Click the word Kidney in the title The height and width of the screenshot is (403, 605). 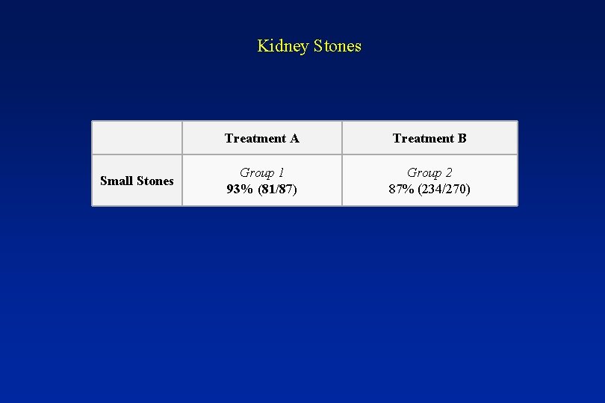coord(283,46)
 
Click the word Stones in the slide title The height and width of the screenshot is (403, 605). coord(338,46)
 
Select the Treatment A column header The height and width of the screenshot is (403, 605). coord(261,138)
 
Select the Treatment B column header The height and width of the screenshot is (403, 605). coord(429,138)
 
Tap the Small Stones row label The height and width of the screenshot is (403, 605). coord(137,181)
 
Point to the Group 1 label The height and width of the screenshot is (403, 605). coord(261,173)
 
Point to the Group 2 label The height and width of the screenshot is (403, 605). coord(429,173)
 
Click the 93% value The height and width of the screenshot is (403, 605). coord(240,189)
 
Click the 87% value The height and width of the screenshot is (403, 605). coord(402,189)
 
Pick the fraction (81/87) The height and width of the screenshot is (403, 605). coord(277,189)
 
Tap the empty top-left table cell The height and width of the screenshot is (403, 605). coord(137,138)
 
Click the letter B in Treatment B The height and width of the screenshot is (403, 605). coord(462,138)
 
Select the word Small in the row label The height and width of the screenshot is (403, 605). coord(117,181)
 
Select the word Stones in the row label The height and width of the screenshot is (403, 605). coord(155,181)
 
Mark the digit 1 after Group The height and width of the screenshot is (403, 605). coord(281,173)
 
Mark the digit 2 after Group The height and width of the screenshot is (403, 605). coord(449,173)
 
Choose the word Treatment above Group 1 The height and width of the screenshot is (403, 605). coord(255,138)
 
